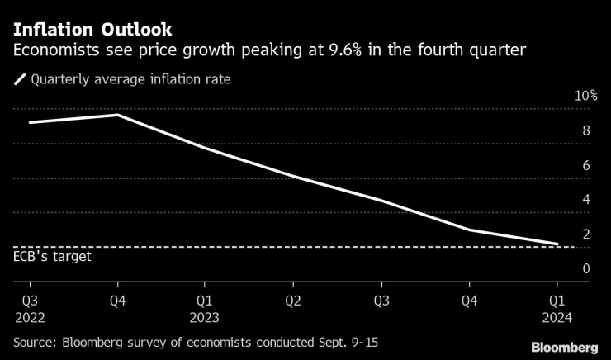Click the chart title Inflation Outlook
92,29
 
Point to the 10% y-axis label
586,97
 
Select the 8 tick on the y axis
586,130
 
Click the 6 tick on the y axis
586,165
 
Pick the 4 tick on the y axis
586,200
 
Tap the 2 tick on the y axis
586,234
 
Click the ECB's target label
52,257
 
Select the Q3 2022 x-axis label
30,307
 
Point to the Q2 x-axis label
294,300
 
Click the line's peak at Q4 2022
118,115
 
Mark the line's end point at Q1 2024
558,244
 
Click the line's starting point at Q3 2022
30,122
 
